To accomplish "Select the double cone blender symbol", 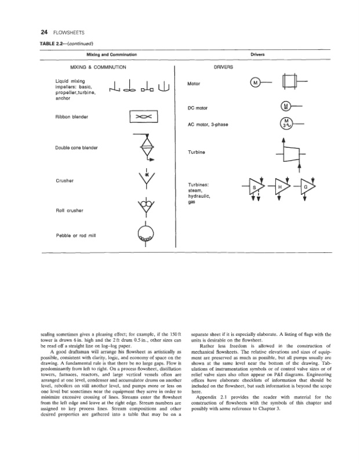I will (x=143, y=147).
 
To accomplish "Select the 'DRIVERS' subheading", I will (x=223, y=67).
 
